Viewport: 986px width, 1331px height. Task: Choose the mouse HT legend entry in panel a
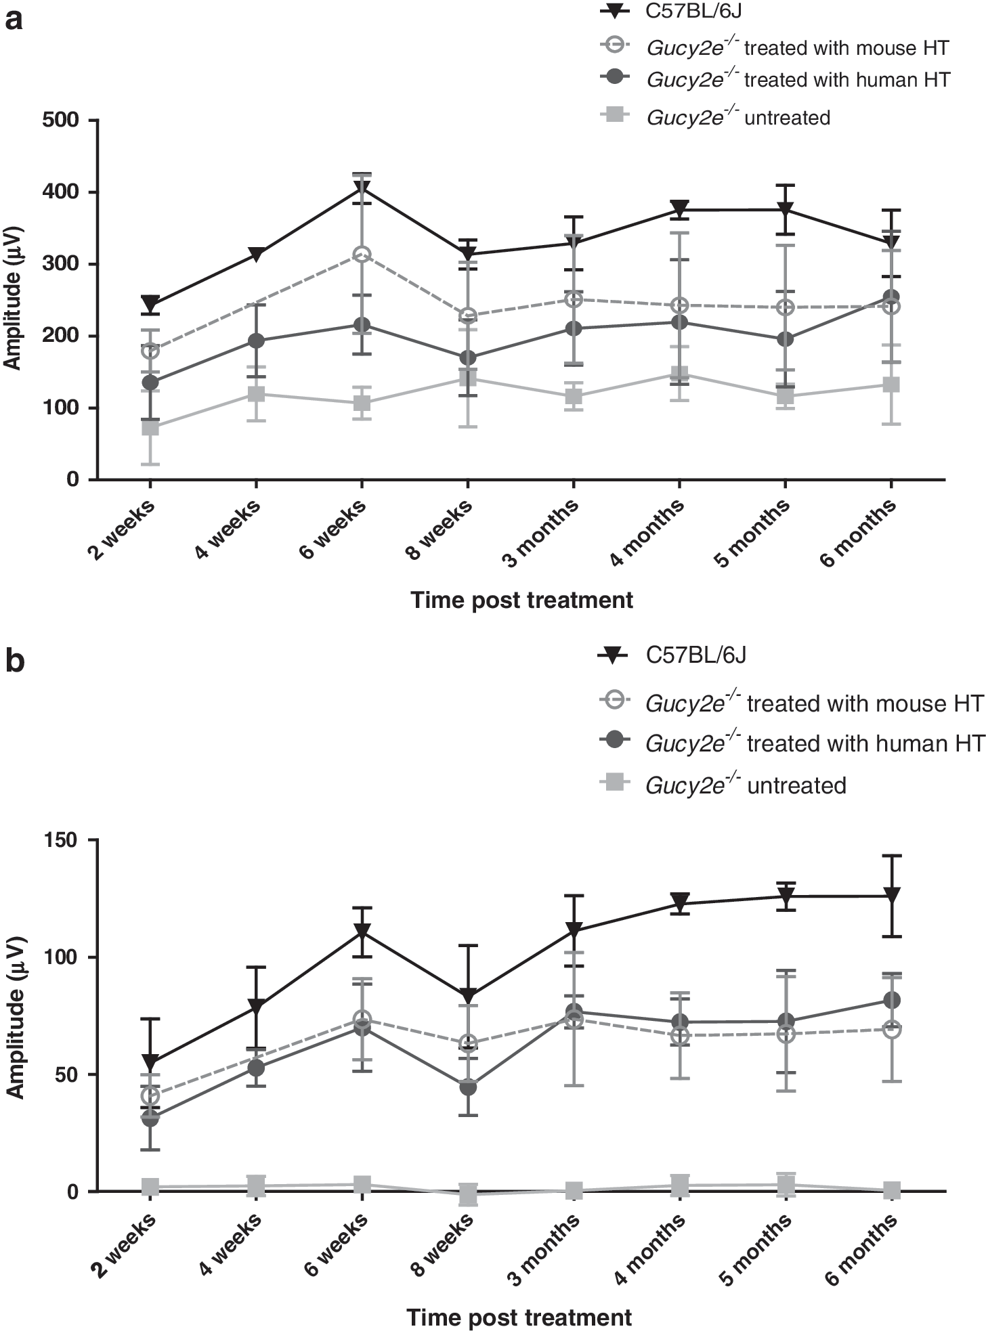coord(775,47)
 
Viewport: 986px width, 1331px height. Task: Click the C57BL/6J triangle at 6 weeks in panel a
coord(362,188)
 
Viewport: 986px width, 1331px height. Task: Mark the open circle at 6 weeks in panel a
coord(362,255)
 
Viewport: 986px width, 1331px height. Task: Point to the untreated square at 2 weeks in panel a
coord(150,428)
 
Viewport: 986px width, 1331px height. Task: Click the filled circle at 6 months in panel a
coord(891,297)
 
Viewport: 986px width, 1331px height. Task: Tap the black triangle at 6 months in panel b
coord(891,895)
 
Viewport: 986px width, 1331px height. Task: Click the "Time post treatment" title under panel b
coord(519,1317)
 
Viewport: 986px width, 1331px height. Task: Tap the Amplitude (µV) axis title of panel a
coord(14,300)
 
